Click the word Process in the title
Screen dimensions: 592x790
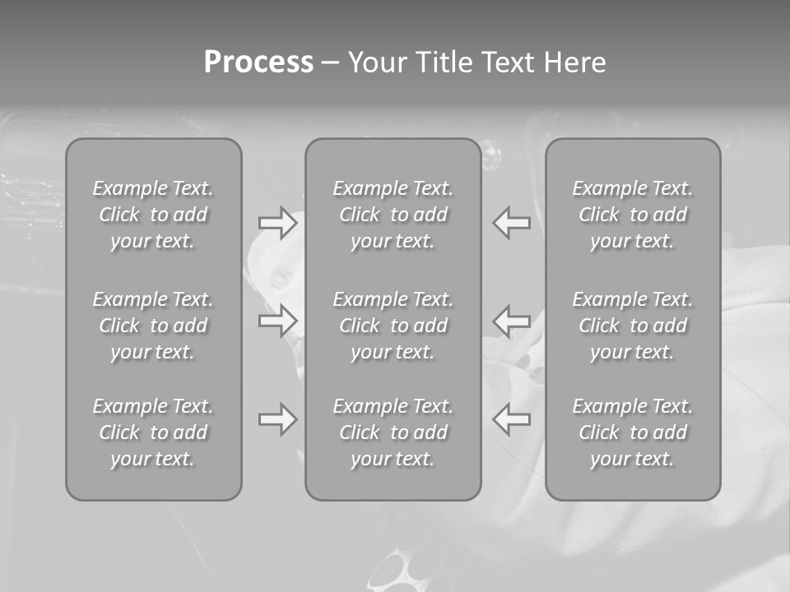click(x=258, y=62)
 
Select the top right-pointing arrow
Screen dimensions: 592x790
click(x=277, y=223)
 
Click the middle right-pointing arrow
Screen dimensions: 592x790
click(x=277, y=320)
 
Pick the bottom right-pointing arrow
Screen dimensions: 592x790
click(x=277, y=419)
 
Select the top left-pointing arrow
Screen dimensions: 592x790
click(x=512, y=223)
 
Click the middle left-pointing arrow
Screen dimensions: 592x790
click(x=512, y=320)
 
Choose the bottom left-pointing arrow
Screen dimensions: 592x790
click(x=512, y=419)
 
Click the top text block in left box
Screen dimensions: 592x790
click(x=153, y=215)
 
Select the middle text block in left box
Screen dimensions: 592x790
click(x=153, y=326)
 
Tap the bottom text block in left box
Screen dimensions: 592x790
click(x=153, y=432)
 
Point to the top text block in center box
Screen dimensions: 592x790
click(x=393, y=215)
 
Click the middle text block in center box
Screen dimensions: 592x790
click(x=393, y=326)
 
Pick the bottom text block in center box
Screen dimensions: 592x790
click(x=393, y=432)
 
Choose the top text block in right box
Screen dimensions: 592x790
click(x=633, y=215)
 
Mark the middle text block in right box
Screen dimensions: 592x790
click(x=633, y=326)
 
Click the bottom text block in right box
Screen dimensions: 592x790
click(x=633, y=432)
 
